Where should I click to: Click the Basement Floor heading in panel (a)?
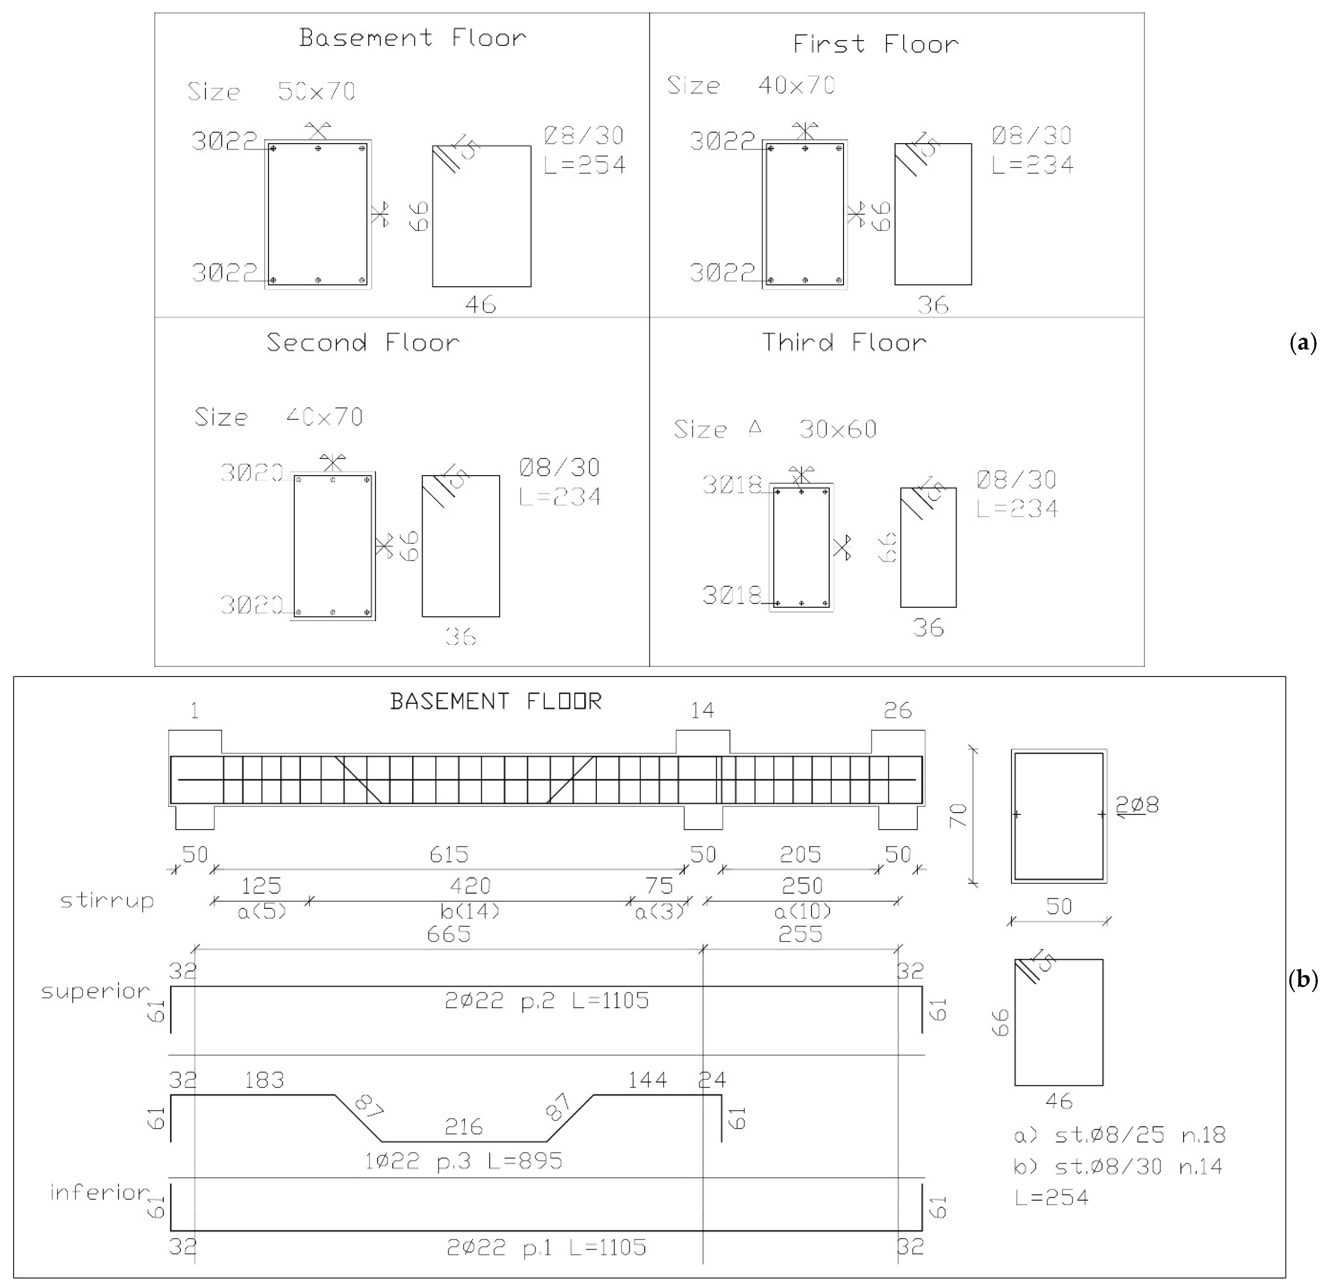click(413, 38)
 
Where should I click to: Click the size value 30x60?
click(838, 430)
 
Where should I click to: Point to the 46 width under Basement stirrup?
click(480, 305)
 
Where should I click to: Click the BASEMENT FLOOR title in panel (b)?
click(496, 702)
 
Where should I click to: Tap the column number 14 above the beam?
click(702, 711)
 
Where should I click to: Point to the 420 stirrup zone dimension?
click(470, 886)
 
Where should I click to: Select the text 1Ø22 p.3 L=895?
click(463, 1161)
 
